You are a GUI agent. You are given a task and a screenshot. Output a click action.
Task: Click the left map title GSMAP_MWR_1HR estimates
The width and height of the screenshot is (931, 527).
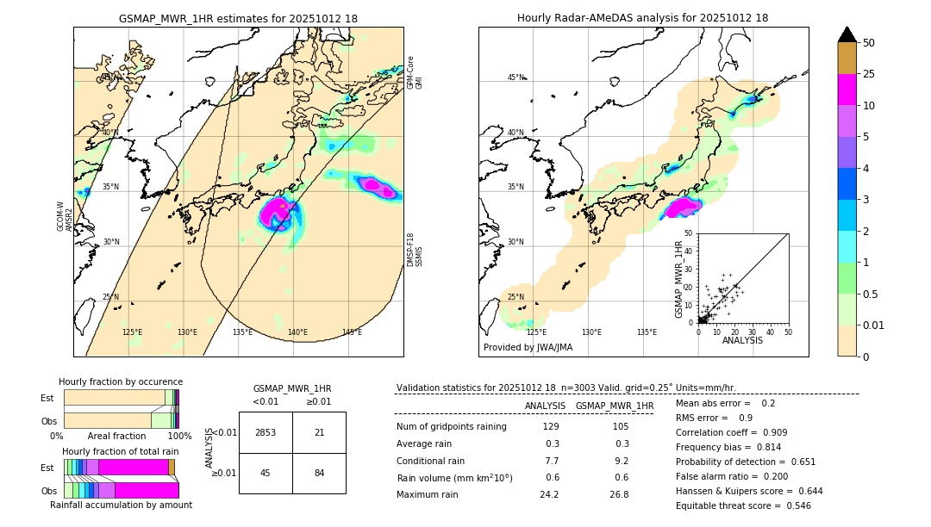pos(238,18)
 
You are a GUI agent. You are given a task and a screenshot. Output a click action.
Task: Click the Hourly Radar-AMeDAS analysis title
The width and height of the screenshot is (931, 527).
pos(642,18)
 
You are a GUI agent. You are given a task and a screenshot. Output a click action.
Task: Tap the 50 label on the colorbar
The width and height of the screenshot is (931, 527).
pos(869,43)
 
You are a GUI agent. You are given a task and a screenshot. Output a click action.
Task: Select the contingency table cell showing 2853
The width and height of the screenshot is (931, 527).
pos(266,432)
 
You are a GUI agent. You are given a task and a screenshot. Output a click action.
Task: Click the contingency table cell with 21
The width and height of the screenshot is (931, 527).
pos(319,432)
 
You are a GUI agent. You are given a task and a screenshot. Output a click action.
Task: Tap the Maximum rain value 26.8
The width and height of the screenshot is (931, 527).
pos(619,494)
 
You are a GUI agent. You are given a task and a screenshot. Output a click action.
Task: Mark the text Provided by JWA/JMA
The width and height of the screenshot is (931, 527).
pos(528,348)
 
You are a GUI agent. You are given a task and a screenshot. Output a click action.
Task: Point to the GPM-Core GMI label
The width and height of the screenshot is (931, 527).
pos(415,72)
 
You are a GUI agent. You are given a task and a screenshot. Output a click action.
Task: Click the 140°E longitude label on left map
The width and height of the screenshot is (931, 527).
pos(297,332)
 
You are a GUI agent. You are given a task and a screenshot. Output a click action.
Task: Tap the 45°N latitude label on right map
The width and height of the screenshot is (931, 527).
pos(515,78)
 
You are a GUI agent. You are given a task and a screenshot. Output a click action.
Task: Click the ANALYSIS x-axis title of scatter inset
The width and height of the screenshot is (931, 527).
pos(742,340)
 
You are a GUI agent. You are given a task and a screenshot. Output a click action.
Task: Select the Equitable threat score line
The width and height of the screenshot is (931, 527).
pos(743,505)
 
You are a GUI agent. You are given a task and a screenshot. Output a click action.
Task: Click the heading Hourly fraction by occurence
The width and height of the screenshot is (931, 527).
pos(121,381)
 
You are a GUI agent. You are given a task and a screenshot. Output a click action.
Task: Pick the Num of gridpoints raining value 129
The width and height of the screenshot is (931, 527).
pos(550,427)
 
